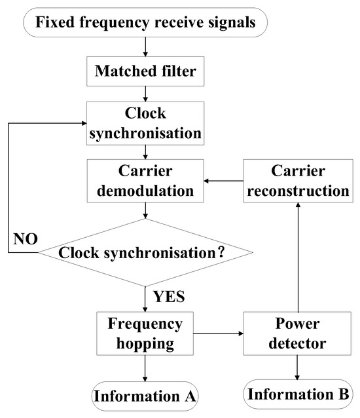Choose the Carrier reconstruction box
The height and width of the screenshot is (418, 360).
coord(298,182)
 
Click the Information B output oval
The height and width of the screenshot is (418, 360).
coord(298,396)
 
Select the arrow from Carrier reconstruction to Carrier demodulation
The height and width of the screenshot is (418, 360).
coord(223,182)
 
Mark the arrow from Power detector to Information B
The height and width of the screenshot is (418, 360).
coord(298,366)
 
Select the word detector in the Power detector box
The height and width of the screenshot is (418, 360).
coord(298,342)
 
